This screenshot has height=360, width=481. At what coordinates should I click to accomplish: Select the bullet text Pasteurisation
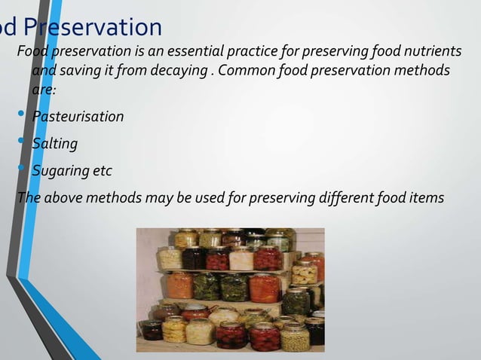point(78,117)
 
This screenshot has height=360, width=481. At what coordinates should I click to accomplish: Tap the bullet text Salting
point(54,143)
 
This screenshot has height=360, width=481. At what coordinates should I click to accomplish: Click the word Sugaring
point(60,171)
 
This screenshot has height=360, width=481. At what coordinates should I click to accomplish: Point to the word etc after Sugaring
point(101,171)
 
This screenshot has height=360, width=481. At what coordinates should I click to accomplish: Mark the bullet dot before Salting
point(22,142)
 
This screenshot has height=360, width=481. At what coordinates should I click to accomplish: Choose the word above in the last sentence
point(61,198)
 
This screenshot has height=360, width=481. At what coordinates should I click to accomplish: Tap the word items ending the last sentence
point(427,198)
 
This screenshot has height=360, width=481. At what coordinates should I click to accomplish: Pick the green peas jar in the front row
point(294,338)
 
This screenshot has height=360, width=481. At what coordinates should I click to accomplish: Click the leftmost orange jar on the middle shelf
point(179,285)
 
